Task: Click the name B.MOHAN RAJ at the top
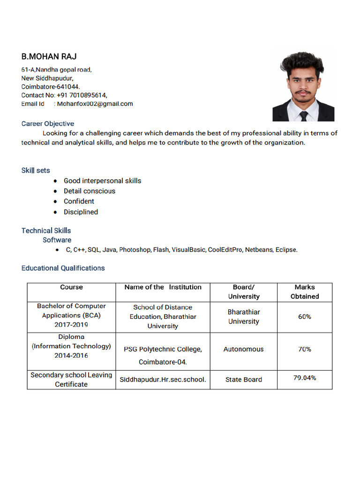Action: [x=49, y=57]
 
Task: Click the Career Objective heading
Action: [x=48, y=124]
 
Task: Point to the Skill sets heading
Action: [x=36, y=170]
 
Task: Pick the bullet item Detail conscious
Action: [x=90, y=191]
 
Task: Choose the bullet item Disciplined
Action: [x=81, y=212]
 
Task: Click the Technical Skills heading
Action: [x=46, y=231]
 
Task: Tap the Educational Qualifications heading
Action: [x=63, y=268]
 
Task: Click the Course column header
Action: [x=71, y=287]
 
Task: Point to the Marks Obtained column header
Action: [x=305, y=292]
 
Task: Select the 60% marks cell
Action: [x=305, y=317]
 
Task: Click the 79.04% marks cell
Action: [x=305, y=378]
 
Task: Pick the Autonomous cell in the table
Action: [x=243, y=349]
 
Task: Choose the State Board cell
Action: [x=243, y=380]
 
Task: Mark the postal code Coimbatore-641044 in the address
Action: [x=51, y=87]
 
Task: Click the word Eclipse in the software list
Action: [x=285, y=250]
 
